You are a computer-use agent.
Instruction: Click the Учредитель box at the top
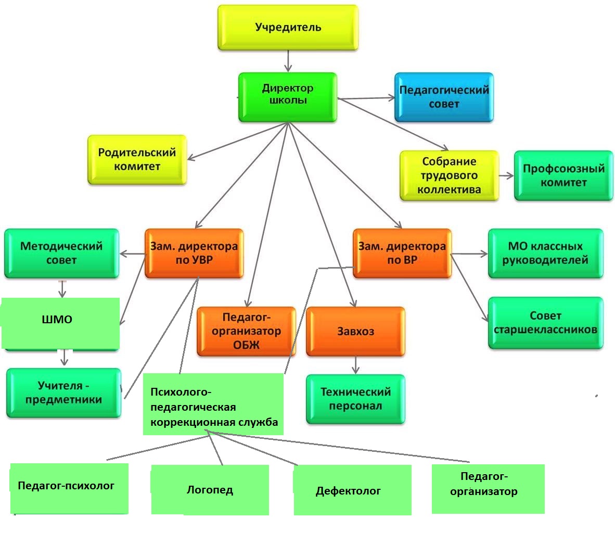click(288, 28)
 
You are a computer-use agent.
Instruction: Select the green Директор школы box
click(288, 97)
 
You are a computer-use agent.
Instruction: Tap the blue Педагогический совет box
click(444, 97)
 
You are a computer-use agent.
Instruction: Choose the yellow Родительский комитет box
click(137, 160)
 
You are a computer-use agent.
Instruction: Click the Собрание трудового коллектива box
click(449, 176)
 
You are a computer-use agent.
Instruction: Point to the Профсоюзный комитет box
click(563, 176)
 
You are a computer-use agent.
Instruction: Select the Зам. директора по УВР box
click(194, 254)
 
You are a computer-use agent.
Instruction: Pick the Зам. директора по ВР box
click(402, 254)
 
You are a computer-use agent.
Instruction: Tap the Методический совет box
click(61, 254)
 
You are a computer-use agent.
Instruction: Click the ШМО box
click(60, 323)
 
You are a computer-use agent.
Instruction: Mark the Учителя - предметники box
click(63, 393)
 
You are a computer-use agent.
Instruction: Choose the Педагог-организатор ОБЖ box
click(246, 332)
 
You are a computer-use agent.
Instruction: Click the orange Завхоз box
click(355, 332)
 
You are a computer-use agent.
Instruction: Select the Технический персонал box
click(355, 399)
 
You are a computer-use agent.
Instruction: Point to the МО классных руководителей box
click(545, 254)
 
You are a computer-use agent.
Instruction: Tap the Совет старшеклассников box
click(545, 323)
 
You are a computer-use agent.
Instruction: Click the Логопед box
click(210, 490)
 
